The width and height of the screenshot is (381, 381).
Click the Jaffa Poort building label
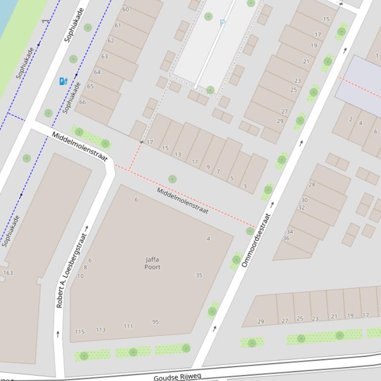pos(153,263)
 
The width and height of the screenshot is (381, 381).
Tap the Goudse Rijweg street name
pos(177,377)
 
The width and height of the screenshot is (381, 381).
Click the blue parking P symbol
pos(222,23)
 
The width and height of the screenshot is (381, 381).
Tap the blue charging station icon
pos(63,81)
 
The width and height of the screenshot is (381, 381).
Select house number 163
pos(8,273)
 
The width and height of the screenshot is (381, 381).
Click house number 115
pos(80,332)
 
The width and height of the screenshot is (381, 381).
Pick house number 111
pos(128,326)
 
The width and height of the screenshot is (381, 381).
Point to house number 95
pos(156,322)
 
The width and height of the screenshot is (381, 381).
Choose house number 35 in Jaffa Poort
pos(199,275)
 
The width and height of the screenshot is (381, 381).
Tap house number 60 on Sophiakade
pos(125,9)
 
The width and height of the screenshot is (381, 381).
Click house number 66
pos(82,102)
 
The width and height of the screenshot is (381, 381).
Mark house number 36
pos(286,238)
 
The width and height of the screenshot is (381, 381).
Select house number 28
pos(312,185)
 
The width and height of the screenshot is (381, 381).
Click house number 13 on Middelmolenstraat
pos(178,154)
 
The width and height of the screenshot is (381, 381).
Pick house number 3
pos(245,186)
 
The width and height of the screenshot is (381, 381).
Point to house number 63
pos(104,56)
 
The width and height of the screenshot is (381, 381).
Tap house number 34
pos(290,231)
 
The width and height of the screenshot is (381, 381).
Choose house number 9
pos(208,167)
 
